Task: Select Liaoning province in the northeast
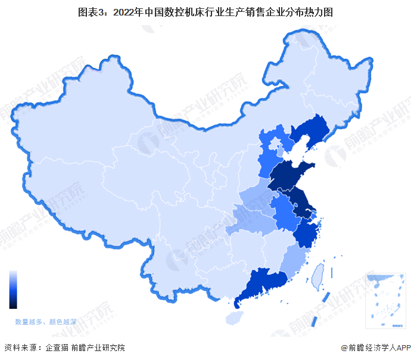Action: click(313, 131)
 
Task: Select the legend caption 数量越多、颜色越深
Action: click(46, 321)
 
